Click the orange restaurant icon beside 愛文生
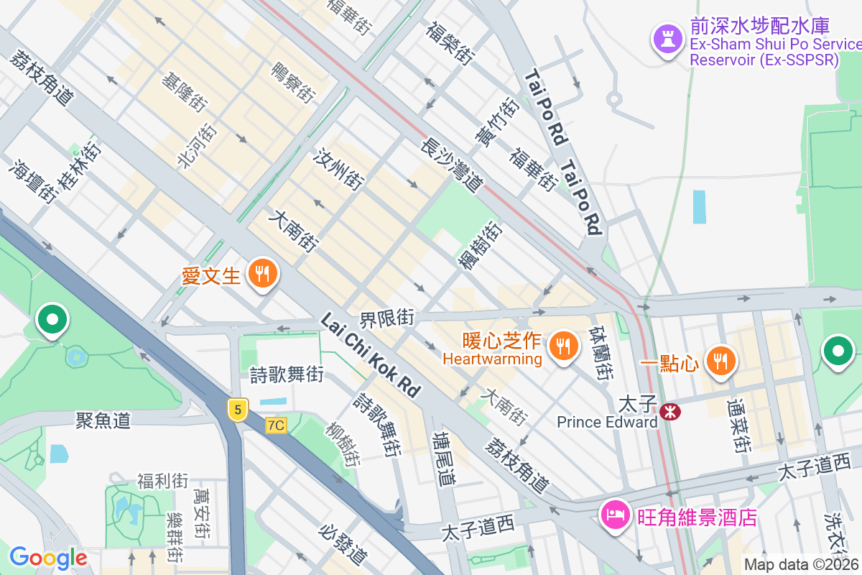point(263,275)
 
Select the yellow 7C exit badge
point(275,425)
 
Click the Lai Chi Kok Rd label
point(371,355)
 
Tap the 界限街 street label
point(387,317)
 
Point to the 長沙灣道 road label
point(451,165)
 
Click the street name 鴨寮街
point(293,83)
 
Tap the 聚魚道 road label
point(103,420)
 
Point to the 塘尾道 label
point(444,459)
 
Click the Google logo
point(48,557)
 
